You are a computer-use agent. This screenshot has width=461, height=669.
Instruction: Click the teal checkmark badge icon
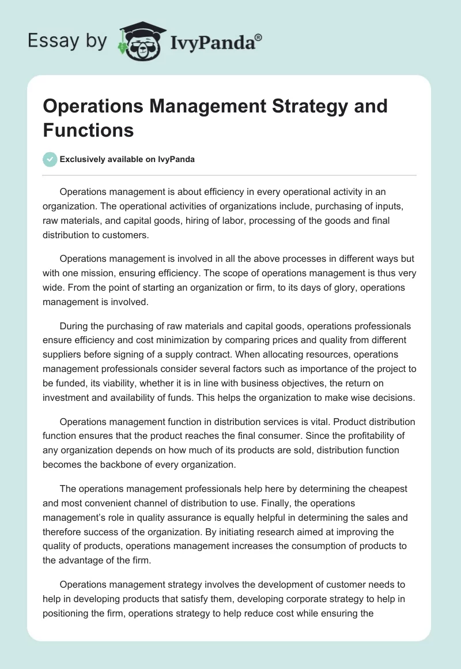(50, 159)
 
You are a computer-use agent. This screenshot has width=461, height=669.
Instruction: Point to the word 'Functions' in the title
(88, 130)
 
